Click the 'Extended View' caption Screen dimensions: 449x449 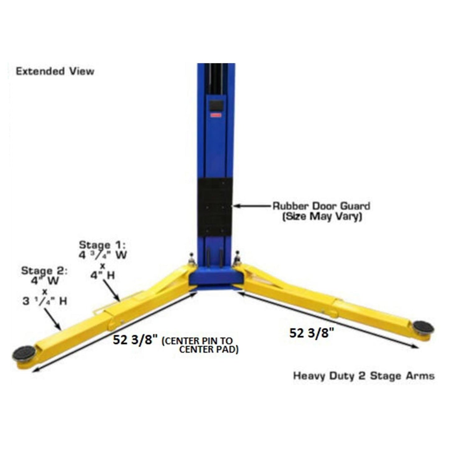click(x=55, y=71)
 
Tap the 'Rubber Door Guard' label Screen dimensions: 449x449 click(x=321, y=206)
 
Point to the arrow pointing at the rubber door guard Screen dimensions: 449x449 click(x=252, y=206)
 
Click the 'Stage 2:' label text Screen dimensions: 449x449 click(x=44, y=271)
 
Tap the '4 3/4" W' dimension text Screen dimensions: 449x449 click(x=103, y=255)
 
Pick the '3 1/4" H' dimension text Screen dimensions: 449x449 click(x=45, y=301)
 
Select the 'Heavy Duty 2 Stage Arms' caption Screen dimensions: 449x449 click(x=364, y=376)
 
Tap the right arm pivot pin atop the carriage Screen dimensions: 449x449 click(x=238, y=256)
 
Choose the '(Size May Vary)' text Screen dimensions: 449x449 click(x=322, y=217)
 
